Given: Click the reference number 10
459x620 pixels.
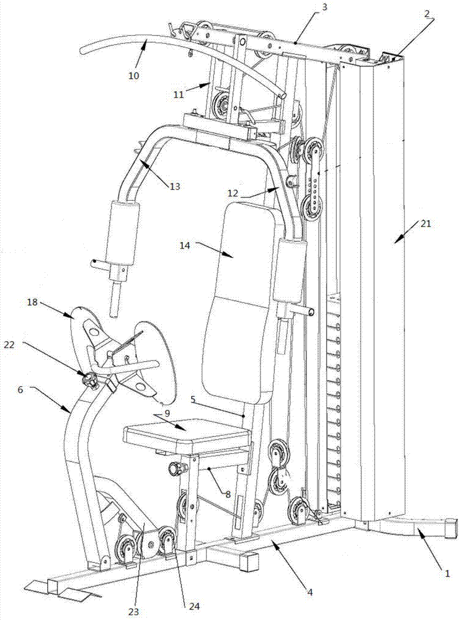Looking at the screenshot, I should [x=134, y=76].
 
